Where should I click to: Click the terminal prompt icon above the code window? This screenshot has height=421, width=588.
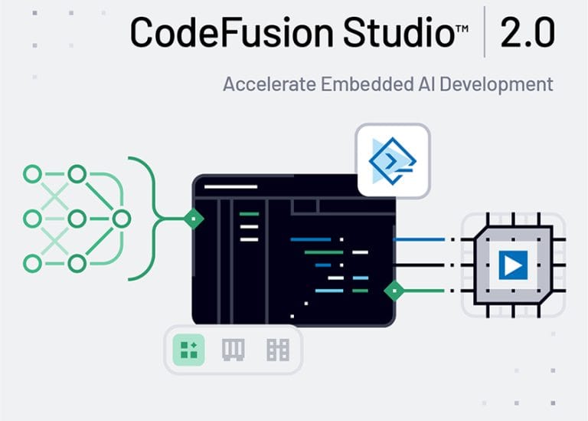(393, 161)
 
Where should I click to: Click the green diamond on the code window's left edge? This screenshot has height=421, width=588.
(194, 219)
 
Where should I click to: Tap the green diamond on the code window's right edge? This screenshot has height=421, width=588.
(394, 291)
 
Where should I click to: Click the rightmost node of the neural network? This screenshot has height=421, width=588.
(121, 219)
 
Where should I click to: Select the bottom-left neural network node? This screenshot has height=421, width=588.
(32, 264)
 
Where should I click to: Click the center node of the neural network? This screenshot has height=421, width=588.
(76, 219)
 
